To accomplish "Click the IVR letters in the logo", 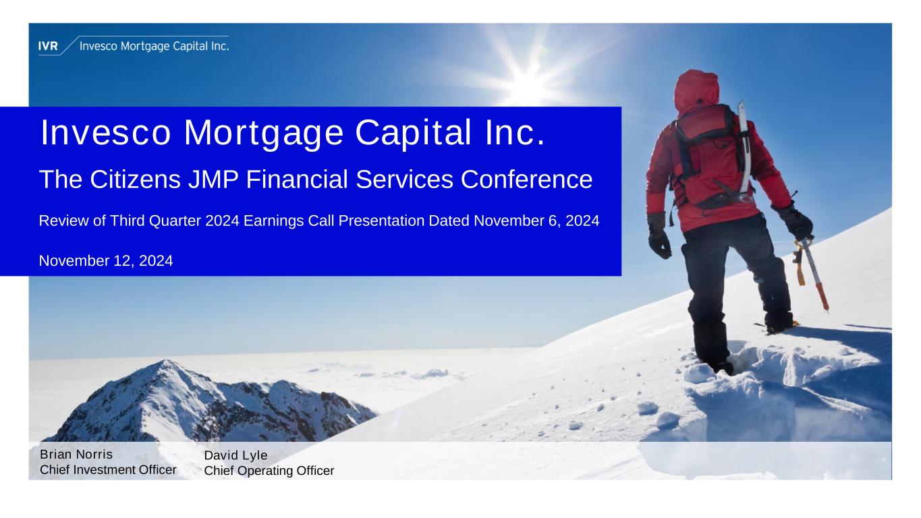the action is pyautogui.click(x=48, y=46).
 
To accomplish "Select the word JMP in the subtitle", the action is pyautogui.click(x=213, y=179).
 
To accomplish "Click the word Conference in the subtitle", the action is pyautogui.click(x=526, y=179).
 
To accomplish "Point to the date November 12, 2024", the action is pyautogui.click(x=106, y=260).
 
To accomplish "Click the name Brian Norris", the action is pyautogui.click(x=76, y=455).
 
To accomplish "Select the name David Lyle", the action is pyautogui.click(x=235, y=455).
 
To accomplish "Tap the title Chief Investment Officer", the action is pyautogui.click(x=108, y=469).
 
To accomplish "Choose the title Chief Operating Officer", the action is pyautogui.click(x=269, y=471).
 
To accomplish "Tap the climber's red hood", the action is pyautogui.click(x=696, y=90).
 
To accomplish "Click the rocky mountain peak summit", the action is pyautogui.click(x=167, y=363).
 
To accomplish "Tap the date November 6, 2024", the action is pyautogui.click(x=536, y=221).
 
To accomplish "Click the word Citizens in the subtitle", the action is pyautogui.click(x=135, y=179).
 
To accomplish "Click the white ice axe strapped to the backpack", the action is pyautogui.click(x=744, y=147).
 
